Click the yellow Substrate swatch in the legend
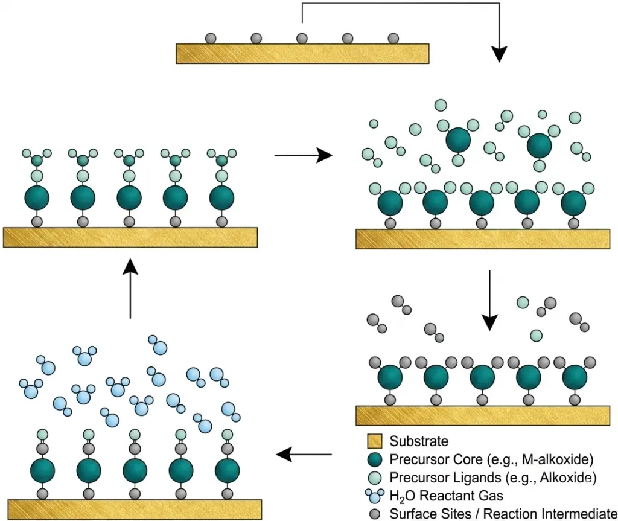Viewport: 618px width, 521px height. (374, 441)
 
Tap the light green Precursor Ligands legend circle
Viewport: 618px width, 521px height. (374, 478)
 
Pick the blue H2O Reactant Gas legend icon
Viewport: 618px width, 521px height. (374, 496)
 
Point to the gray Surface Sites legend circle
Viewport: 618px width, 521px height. (375, 514)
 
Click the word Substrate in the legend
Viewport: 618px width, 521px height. (419, 441)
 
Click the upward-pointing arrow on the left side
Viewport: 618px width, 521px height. (130, 289)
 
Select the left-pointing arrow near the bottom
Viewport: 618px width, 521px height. (304, 455)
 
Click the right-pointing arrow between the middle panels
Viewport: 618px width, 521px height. (304, 155)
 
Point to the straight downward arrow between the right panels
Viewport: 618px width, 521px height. (489, 300)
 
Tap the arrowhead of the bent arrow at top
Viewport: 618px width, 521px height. (499, 54)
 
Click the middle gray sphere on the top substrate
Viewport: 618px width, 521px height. (302, 38)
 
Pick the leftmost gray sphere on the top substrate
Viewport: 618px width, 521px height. (211, 38)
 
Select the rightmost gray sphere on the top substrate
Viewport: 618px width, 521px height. (393, 38)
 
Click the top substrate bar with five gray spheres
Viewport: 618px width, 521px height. (302, 54)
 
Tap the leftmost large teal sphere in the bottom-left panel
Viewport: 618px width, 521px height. (43, 470)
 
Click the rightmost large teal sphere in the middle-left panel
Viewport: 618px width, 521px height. (222, 197)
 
